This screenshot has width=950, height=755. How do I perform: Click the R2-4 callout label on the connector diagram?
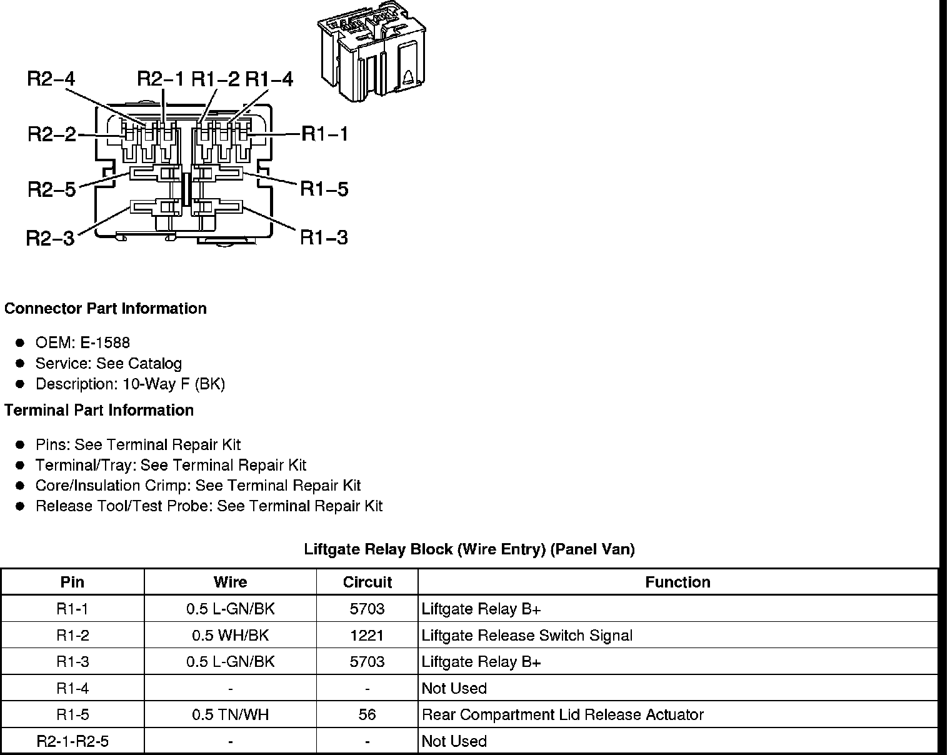51,79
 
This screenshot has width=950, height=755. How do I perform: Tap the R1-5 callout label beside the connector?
324,189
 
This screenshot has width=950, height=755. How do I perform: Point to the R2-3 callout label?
50,238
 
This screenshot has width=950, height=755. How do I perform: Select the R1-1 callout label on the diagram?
325,134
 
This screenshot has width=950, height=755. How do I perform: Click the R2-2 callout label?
51,134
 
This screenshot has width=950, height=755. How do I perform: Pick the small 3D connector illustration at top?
371,55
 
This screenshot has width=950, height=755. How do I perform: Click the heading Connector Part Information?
106,309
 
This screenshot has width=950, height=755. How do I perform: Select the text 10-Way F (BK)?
174,384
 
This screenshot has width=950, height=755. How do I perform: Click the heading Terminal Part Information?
99,411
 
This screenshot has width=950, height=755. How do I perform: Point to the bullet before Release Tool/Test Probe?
21,506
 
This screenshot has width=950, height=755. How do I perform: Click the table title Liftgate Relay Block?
469,549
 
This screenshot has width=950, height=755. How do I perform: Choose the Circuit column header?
367,582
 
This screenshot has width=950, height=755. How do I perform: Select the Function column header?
677,582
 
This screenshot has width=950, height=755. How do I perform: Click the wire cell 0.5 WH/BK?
230,636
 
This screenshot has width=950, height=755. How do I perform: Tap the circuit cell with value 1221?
367,636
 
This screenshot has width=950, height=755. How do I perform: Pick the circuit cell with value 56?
367,714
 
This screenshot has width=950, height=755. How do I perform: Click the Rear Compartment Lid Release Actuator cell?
562,714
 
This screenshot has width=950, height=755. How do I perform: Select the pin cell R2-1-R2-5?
72,741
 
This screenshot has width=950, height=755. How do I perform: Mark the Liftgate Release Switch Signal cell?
527,636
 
